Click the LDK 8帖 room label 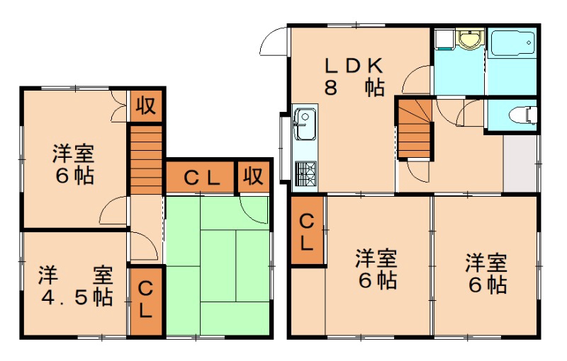(354, 76)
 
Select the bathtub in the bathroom (511, 47)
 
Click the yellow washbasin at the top (468, 38)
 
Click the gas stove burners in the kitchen (305, 172)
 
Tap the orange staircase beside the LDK (414, 130)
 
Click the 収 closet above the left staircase (146, 106)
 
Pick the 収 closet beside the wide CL (253, 177)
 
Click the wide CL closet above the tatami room (200, 177)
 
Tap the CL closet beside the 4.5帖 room (146, 299)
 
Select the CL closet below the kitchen (307, 231)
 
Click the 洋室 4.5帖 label (75, 285)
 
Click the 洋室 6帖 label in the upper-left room (74, 164)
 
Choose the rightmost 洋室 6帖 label (485, 273)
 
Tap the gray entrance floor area (520, 162)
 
